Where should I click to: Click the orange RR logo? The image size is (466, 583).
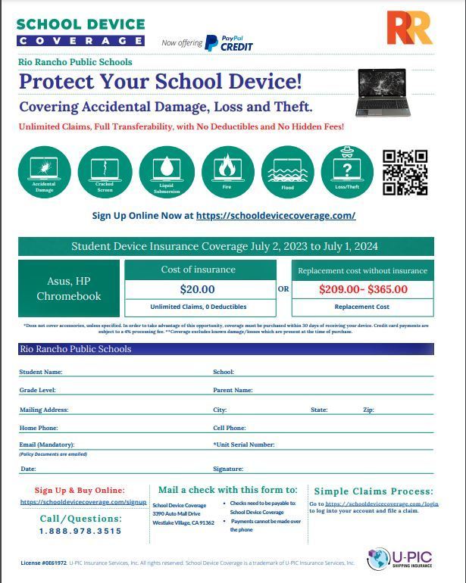click(x=409, y=28)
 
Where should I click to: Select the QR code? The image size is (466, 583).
click(x=405, y=172)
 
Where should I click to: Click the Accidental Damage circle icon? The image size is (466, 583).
click(x=45, y=171)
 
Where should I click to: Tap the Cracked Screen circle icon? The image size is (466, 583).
click(x=105, y=171)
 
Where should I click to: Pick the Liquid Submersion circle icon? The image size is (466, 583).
click(x=167, y=171)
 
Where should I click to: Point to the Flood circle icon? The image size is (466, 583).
click(x=287, y=171)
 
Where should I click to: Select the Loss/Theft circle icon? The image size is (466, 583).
click(x=348, y=171)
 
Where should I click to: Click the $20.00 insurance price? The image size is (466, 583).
click(x=198, y=289)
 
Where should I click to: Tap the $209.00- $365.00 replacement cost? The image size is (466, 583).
click(x=363, y=289)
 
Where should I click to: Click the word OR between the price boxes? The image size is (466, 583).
click(x=283, y=288)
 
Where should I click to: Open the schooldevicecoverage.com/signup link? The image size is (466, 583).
click(x=83, y=502)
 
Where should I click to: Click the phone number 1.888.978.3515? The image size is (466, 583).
click(x=80, y=532)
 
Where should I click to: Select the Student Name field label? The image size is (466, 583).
click(x=41, y=372)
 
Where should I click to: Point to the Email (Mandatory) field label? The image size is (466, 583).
click(x=47, y=444)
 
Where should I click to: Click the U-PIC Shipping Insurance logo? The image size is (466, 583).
click(x=399, y=560)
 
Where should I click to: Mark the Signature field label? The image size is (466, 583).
click(x=228, y=469)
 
